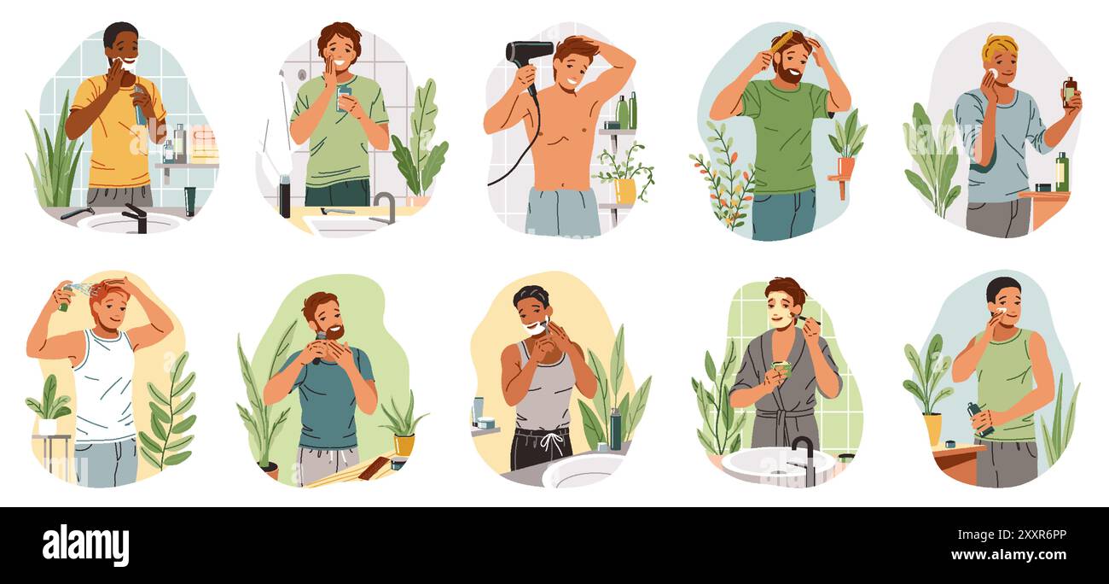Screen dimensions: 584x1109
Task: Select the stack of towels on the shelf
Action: point(203,143)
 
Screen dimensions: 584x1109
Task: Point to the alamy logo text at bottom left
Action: point(85,545)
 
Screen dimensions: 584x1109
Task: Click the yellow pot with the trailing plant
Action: point(624,190)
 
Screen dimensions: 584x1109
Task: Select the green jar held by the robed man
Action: point(781,369)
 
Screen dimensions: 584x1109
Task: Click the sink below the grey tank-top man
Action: point(583,470)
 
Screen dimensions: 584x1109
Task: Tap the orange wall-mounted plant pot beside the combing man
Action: point(845,166)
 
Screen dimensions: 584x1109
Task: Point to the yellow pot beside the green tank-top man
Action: point(932,428)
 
